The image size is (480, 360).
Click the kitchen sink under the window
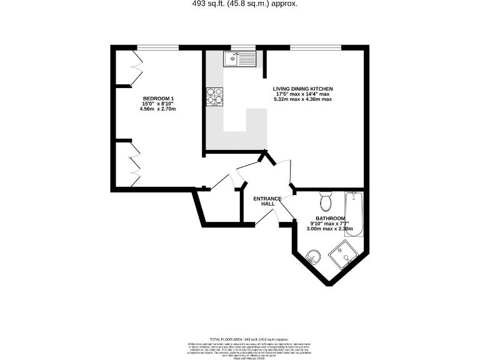pos(240,60)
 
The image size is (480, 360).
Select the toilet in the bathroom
pos(325,202)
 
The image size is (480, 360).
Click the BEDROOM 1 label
pos(158,99)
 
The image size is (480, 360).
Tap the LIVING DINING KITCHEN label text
pos(302,89)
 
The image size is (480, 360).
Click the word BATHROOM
pos(330,218)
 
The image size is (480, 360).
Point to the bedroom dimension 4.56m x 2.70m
pos(158,109)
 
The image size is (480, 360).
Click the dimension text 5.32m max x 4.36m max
pos(302,99)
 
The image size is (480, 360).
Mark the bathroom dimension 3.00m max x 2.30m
pos(330,229)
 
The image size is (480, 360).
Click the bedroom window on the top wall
pos(157,47)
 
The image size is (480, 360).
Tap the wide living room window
pos(316,47)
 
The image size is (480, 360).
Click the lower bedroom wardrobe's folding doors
pos(134,164)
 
